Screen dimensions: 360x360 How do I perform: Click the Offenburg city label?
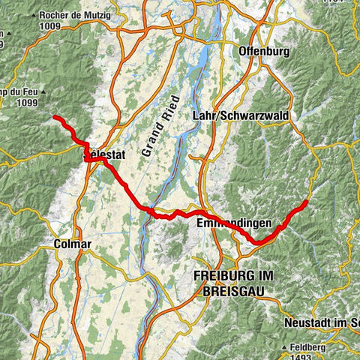pos(263,52)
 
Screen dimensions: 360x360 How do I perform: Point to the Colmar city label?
pos(73,244)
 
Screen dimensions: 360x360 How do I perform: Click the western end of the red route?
pos(55,118)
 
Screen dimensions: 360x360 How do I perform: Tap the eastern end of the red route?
pos(307,202)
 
